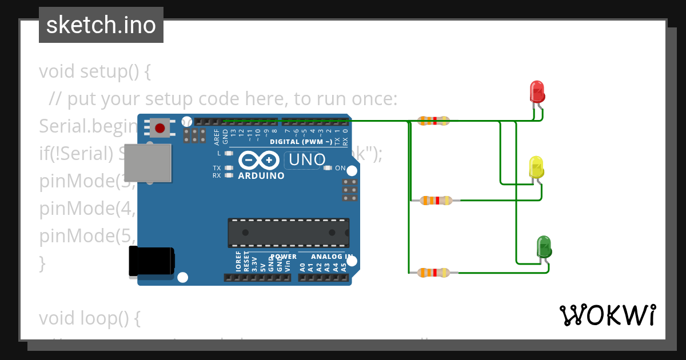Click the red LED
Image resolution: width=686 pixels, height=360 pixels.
click(x=537, y=91)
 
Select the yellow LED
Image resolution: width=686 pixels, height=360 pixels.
click(x=536, y=167)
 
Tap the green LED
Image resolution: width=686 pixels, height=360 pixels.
click(x=544, y=246)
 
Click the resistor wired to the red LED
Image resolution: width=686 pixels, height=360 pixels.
click(x=433, y=121)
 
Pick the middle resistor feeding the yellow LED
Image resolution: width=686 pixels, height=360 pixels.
click(x=436, y=201)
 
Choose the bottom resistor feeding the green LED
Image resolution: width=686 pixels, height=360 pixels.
click(x=433, y=273)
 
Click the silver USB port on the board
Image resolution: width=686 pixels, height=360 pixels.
click(x=148, y=163)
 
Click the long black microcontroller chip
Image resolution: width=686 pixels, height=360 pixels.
click(x=289, y=233)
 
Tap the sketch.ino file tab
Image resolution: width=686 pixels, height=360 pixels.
click(x=101, y=25)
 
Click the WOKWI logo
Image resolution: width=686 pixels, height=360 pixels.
click(x=607, y=315)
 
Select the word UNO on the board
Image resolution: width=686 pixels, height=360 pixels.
click(x=307, y=160)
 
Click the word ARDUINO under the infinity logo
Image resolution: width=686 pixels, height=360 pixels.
click(x=261, y=176)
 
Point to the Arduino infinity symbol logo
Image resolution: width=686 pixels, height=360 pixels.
click(x=261, y=160)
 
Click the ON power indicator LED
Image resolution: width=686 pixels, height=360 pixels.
click(x=328, y=168)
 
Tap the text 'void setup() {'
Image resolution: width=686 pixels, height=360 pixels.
click(x=95, y=72)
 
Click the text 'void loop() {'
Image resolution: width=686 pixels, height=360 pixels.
click(x=90, y=318)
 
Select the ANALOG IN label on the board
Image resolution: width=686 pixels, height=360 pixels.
click(x=325, y=257)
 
